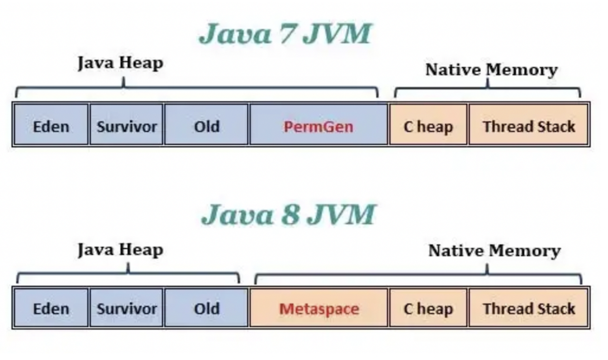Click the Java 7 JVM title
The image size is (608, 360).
pyautogui.click(x=285, y=34)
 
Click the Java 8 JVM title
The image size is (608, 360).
pyautogui.click(x=288, y=215)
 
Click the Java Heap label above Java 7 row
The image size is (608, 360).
pyautogui.click(x=120, y=63)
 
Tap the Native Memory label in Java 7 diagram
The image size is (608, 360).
pyautogui.click(x=491, y=70)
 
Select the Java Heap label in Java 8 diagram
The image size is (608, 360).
pyautogui.click(x=120, y=250)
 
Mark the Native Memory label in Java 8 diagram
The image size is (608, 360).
pyautogui.click(x=494, y=251)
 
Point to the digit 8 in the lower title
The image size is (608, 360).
pyautogui.click(x=289, y=215)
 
